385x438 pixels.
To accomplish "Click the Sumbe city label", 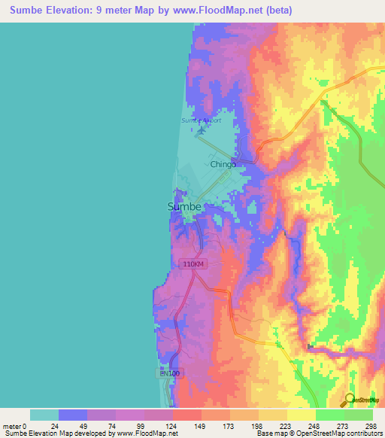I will (x=183, y=207).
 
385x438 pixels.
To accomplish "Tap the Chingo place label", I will (x=223, y=164).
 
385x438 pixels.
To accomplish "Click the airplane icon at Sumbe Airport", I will (x=202, y=132).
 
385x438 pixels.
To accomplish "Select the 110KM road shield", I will (x=192, y=264).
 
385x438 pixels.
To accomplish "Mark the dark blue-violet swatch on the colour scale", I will (x=72, y=415).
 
